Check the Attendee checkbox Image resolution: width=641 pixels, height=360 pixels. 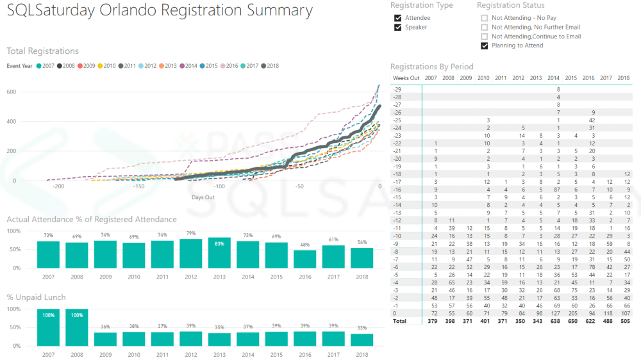pyautogui.click(x=398, y=18)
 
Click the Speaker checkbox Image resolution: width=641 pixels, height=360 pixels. pyautogui.click(x=398, y=28)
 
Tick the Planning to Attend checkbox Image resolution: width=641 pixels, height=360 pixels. pyautogui.click(x=485, y=46)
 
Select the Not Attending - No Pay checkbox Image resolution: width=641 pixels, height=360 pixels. pyautogui.click(x=485, y=18)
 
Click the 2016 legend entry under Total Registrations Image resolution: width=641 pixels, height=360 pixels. pyautogui.click(x=229, y=66)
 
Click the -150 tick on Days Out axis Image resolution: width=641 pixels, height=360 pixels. pyautogui.click(x=138, y=186)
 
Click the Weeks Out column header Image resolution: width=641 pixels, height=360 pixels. pyautogui.click(x=406, y=78)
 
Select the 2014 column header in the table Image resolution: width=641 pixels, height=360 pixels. pyautogui.click(x=553, y=78)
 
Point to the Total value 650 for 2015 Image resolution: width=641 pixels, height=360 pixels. pyautogui.click(x=570, y=322)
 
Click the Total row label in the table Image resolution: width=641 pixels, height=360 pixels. pyautogui.click(x=399, y=322)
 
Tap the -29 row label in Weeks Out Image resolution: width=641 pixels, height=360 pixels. pyautogui.click(x=397, y=88)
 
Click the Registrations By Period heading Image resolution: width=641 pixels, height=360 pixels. pyautogui.click(x=431, y=66)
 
